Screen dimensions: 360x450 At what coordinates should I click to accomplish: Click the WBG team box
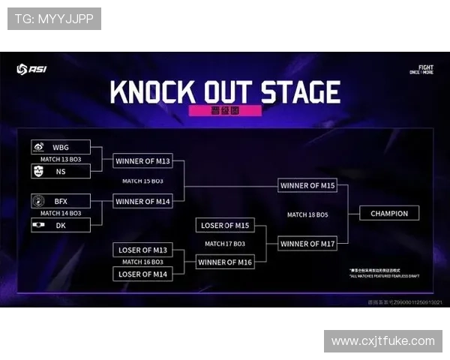tap(61, 147)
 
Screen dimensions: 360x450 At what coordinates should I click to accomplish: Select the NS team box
tap(61, 171)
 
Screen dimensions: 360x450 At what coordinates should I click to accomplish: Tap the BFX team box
tap(61, 201)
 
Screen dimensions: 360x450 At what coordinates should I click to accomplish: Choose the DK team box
tap(61, 225)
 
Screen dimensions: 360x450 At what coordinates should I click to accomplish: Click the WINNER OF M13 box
tap(142, 160)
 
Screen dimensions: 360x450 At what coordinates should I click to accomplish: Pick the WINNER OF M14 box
tap(142, 201)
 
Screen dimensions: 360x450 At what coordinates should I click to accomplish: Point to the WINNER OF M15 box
tap(307, 185)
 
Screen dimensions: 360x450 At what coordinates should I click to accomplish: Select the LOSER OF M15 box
tap(225, 225)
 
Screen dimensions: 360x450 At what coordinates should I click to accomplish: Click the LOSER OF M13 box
tap(142, 250)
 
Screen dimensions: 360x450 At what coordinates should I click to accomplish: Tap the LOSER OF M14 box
tap(142, 274)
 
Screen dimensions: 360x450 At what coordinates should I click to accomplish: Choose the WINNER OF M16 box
tap(225, 262)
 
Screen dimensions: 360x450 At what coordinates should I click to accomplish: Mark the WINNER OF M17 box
tap(307, 244)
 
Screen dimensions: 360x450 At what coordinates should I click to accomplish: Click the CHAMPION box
tap(389, 214)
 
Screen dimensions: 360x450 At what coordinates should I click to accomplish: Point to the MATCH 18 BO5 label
tap(307, 214)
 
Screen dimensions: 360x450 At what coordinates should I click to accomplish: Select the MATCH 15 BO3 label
tap(142, 181)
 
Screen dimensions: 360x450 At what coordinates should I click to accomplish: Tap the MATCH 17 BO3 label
tap(225, 243)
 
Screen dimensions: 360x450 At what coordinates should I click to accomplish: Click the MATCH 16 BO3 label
tap(142, 262)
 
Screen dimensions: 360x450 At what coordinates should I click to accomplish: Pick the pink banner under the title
tap(225, 110)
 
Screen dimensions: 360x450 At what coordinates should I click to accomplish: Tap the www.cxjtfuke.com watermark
tap(383, 341)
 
